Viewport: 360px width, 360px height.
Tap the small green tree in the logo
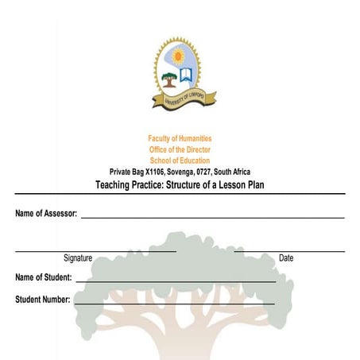pyautogui.click(x=169, y=79)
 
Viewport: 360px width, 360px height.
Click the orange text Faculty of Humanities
pyautogui.click(x=180, y=138)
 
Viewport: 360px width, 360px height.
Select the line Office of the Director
pyautogui.click(x=180, y=149)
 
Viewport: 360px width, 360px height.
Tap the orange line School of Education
pyautogui.click(x=180, y=161)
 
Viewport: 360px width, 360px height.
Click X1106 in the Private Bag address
pyautogui.click(x=145, y=172)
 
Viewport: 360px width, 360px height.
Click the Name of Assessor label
pyautogui.click(x=46, y=215)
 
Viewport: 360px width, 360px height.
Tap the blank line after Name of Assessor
pyautogui.click(x=212, y=217)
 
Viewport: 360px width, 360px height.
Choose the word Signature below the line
pyautogui.click(x=78, y=257)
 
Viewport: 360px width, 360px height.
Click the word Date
pyautogui.click(x=286, y=257)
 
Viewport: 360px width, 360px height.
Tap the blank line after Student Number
pyautogui.click(x=174, y=303)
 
